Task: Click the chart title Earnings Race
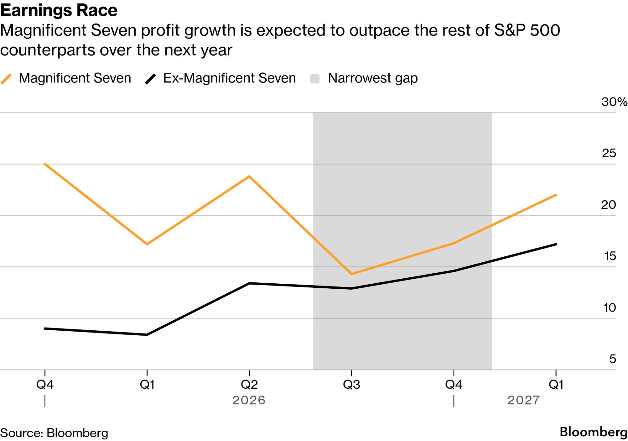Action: (59, 10)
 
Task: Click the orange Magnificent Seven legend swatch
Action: (6, 79)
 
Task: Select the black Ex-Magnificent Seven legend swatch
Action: (150, 79)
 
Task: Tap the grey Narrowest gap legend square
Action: (315, 79)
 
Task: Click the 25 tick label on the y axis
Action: (609, 153)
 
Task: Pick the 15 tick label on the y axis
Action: (610, 256)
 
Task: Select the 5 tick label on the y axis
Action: (613, 359)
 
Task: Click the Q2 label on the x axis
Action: (249, 385)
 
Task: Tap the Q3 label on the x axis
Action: (351, 385)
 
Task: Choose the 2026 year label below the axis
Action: (249, 400)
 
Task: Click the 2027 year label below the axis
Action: (524, 400)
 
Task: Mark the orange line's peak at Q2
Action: (249, 176)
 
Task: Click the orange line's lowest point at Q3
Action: (351, 274)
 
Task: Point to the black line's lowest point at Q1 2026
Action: (147, 335)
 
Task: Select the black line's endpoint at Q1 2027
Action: (556, 244)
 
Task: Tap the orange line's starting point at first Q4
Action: (45, 164)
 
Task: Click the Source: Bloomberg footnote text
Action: (54, 433)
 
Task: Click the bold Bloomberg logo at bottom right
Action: (594, 432)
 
